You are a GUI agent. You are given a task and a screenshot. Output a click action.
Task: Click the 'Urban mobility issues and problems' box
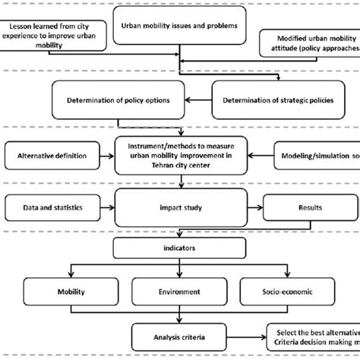(x=179, y=26)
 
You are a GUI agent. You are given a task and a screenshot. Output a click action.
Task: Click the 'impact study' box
(x=179, y=205)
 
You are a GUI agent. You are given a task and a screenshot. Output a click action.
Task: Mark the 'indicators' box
(x=179, y=248)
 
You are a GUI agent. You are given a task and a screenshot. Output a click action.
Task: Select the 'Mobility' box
(x=70, y=290)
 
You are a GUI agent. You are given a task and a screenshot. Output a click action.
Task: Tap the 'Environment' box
(x=179, y=290)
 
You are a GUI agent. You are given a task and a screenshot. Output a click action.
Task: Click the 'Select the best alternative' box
(x=314, y=335)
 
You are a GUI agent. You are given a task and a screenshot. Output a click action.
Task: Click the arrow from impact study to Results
(x=254, y=205)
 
